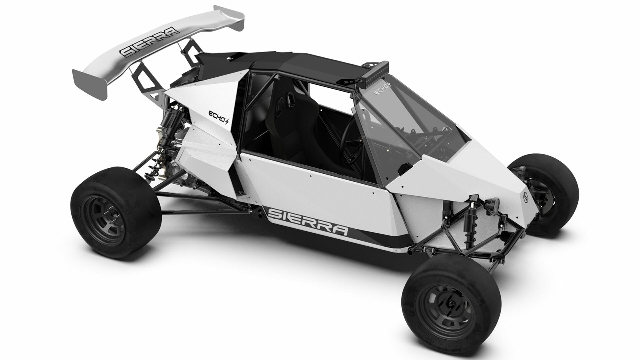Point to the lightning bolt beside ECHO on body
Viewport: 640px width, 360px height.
click(228, 122)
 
